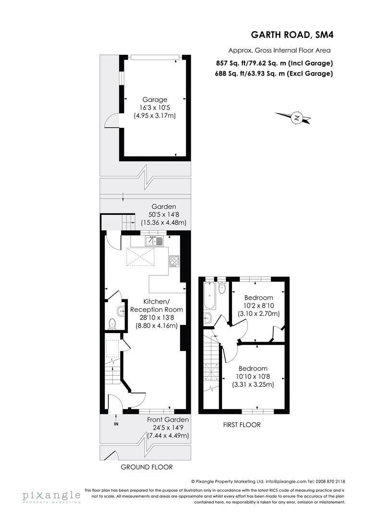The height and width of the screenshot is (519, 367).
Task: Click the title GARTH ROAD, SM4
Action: click(x=291, y=35)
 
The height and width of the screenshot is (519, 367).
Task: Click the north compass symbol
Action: click(x=297, y=117)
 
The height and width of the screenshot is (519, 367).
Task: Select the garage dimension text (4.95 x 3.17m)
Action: click(x=153, y=115)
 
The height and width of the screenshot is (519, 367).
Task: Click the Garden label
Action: click(x=164, y=207)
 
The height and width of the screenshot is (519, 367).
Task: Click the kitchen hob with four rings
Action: click(x=174, y=260)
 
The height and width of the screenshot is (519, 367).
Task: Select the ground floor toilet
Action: click(x=112, y=323)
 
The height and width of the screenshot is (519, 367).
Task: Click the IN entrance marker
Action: click(x=116, y=424)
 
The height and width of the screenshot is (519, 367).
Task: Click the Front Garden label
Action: click(x=168, y=420)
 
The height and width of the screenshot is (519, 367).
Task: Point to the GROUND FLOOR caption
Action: click(x=147, y=467)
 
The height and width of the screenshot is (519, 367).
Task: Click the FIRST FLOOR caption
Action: click(x=242, y=424)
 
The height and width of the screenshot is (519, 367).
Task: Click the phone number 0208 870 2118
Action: click(x=330, y=481)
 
